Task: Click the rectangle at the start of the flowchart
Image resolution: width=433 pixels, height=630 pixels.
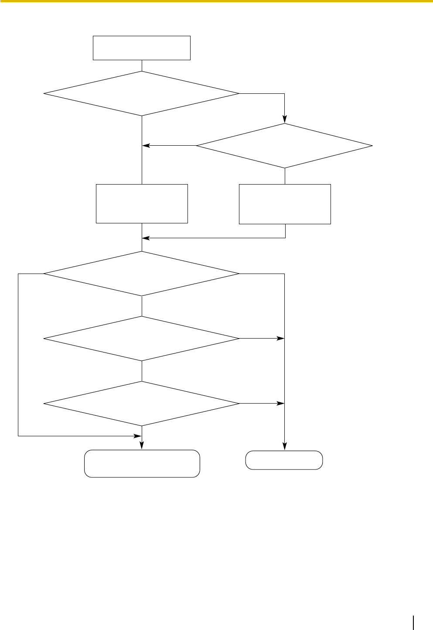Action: [x=142, y=48]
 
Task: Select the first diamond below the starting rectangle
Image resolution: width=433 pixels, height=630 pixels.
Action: [x=142, y=94]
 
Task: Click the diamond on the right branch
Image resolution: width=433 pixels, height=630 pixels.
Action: [x=285, y=146]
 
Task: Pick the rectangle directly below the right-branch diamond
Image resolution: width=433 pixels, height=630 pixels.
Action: [x=285, y=204]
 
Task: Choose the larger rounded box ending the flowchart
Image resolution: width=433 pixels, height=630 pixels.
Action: [x=142, y=463]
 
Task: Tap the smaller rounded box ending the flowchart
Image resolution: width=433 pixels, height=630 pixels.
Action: [x=284, y=460]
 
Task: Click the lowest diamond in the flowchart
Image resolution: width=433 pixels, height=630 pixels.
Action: [x=142, y=404]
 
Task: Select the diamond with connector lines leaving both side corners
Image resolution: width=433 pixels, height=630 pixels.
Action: [x=142, y=274]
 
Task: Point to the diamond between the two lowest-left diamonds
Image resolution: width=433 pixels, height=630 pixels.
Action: [x=142, y=339]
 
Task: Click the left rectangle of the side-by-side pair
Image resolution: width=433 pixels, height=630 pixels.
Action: [x=142, y=204]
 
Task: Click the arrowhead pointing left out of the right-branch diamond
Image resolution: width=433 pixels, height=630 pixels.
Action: [x=146, y=146]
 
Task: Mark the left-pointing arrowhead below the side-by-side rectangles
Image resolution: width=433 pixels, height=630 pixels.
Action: [x=146, y=238]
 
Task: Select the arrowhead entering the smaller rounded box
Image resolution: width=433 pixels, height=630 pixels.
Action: [x=285, y=446]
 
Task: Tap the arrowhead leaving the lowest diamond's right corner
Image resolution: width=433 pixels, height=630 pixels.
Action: [x=280, y=404]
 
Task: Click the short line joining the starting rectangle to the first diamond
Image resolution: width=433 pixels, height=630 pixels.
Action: [x=142, y=65]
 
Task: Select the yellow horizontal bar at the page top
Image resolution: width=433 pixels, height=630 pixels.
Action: [x=216, y=1]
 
